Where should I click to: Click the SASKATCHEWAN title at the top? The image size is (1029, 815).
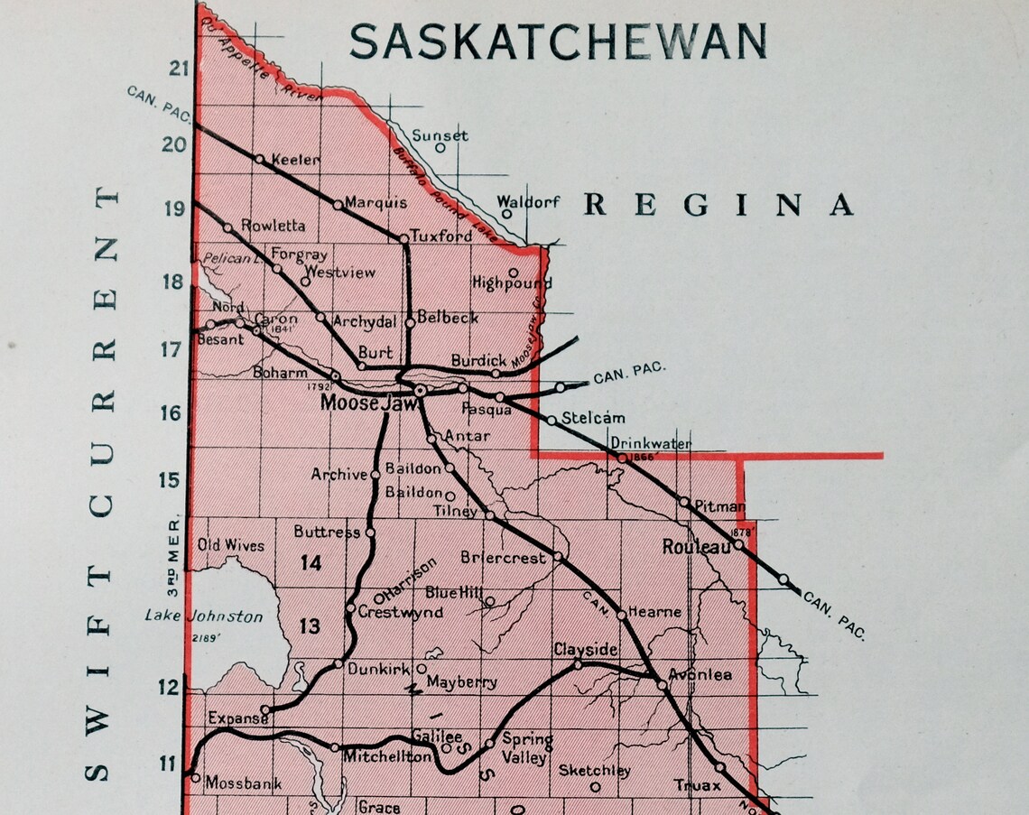(559, 42)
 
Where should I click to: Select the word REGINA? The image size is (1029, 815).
(718, 206)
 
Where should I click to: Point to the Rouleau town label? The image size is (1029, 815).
(696, 547)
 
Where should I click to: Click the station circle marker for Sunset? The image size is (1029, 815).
(440, 148)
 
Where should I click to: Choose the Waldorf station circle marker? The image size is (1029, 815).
(507, 214)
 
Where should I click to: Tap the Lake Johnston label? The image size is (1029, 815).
(204, 617)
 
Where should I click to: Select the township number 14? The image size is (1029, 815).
(311, 563)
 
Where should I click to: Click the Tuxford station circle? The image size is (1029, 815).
(403, 238)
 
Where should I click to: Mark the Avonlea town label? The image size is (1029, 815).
(700, 675)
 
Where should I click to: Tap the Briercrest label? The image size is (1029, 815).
(503, 558)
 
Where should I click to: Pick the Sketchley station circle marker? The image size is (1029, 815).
(595, 787)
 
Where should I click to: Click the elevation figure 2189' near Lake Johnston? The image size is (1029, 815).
(205, 637)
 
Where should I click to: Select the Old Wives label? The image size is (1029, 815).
(231, 545)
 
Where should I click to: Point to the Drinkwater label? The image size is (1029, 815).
(651, 443)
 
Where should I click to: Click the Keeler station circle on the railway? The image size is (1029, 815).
(260, 160)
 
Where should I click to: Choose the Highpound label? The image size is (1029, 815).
(512, 283)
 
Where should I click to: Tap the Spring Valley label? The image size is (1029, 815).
(527, 748)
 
